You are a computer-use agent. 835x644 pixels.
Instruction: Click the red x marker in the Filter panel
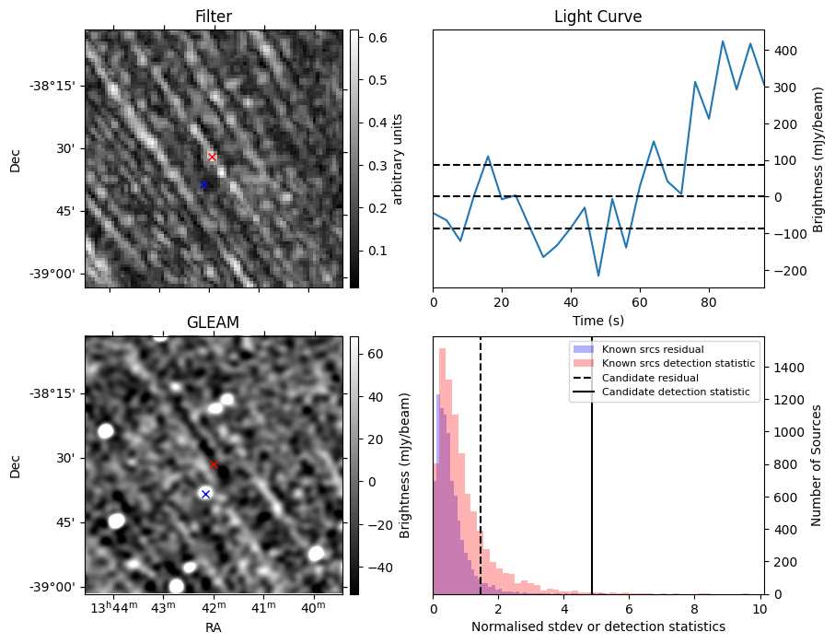click(x=213, y=158)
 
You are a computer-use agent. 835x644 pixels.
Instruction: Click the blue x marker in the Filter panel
click(x=203, y=185)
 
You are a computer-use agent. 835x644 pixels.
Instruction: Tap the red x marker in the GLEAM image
click(x=215, y=465)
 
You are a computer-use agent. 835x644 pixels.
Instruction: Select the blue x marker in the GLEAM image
click(x=205, y=495)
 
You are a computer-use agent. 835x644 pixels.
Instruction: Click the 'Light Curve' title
click(x=597, y=18)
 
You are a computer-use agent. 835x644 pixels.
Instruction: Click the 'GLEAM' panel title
click(x=213, y=322)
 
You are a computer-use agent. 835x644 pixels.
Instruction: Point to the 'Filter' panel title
click(x=213, y=18)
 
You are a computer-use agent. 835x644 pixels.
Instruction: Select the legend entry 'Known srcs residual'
click(x=652, y=349)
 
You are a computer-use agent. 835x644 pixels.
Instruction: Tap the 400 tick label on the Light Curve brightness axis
click(x=786, y=51)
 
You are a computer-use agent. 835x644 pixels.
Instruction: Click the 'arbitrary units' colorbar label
click(x=398, y=158)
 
